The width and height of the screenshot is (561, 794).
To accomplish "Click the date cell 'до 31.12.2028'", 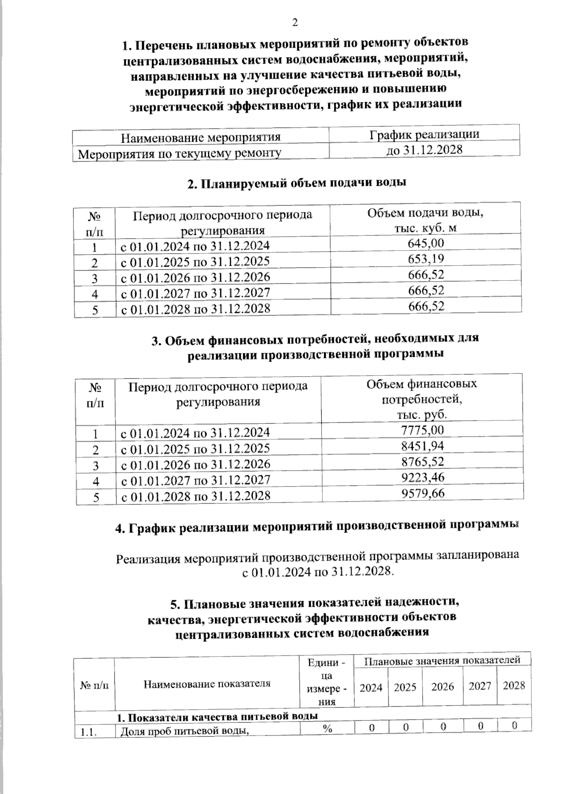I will (x=424, y=150).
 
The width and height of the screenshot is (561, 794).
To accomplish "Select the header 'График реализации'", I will (x=424, y=134).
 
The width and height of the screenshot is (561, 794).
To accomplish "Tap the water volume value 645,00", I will (x=426, y=243).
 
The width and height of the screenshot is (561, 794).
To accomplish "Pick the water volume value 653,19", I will (x=426, y=259).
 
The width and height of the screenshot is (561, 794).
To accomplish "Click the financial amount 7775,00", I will (x=423, y=430).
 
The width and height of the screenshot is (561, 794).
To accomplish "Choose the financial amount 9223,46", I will (x=423, y=477).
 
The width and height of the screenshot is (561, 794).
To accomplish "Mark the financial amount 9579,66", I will (x=423, y=493).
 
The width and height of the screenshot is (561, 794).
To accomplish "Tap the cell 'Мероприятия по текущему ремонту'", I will (x=180, y=153).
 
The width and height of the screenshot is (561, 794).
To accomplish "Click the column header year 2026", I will (x=442, y=686).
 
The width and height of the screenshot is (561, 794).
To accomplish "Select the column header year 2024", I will (x=371, y=687).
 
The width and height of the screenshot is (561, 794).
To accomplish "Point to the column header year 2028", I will (x=514, y=685).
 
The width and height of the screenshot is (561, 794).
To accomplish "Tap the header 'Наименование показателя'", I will (x=207, y=684).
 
